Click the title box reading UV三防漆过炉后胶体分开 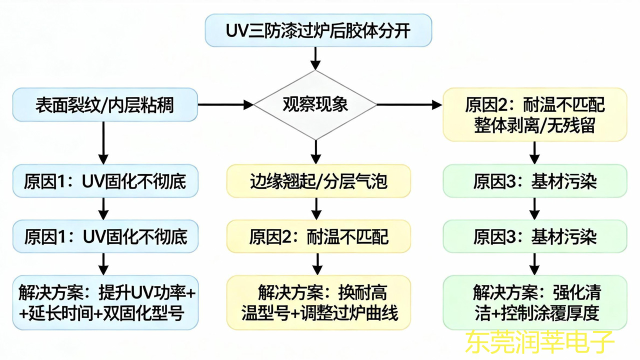318,30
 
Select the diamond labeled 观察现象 315,105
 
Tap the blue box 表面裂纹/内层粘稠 104,105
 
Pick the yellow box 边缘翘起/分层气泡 318,181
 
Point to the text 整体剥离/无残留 534,124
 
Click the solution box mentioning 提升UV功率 105,302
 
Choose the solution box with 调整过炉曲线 318,302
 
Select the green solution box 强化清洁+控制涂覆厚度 534,302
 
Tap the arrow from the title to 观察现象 315,58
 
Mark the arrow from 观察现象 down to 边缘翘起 315,151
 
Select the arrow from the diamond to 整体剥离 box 409,105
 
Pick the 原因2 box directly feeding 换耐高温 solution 318,236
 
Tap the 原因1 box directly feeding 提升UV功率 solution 105,236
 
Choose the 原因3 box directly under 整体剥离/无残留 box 534,181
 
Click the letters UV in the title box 238,31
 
